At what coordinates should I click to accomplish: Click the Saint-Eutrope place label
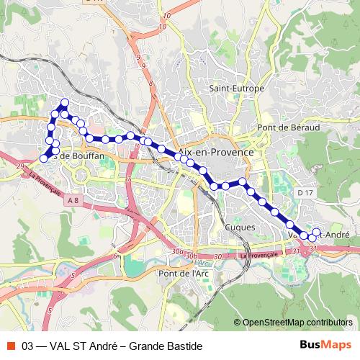[x=237, y=89]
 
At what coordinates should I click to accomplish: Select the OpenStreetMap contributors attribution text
[x=297, y=323]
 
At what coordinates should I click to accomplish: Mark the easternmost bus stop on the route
[x=315, y=232]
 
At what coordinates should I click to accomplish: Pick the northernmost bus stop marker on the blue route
[x=64, y=102]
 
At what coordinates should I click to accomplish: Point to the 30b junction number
[x=191, y=256]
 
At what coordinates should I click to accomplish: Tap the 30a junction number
[x=176, y=252]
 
